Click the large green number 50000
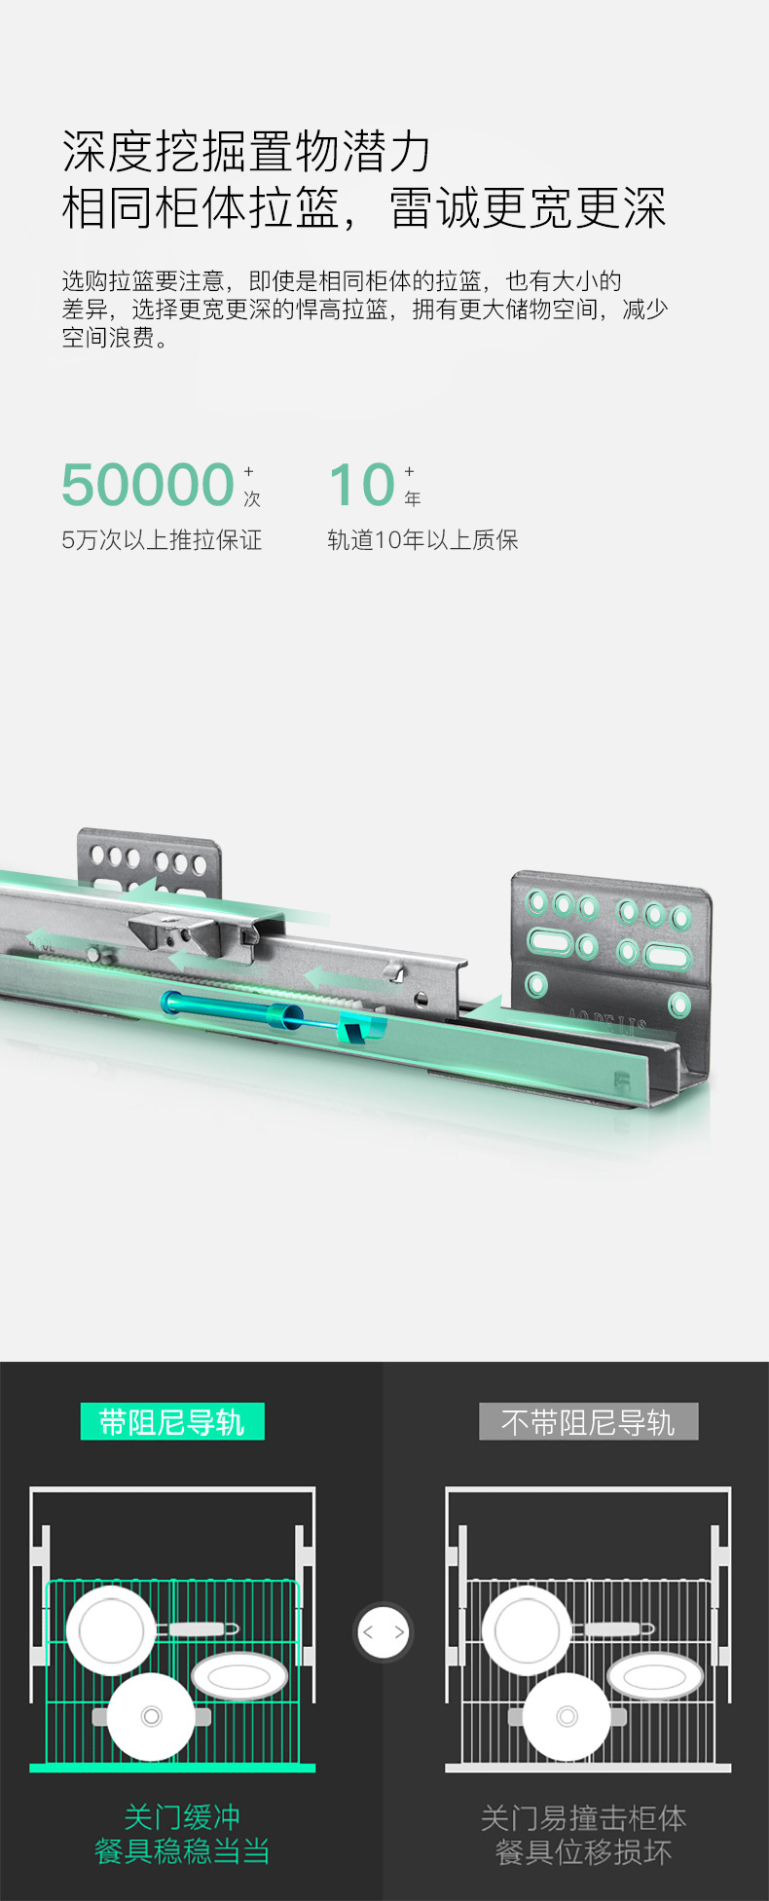coord(148,485)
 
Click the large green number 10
coord(362,485)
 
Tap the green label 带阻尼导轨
coord(172,1422)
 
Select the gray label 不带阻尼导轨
coord(588,1422)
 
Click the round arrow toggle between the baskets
coord(384,1632)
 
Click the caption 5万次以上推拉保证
coord(162,540)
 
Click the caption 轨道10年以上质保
coord(422,540)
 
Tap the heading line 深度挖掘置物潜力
coord(246,152)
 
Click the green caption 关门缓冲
coord(182,1816)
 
